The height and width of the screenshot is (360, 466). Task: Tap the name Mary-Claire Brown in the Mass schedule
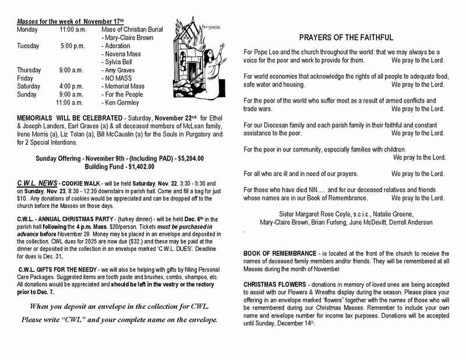pyautogui.click(x=129, y=37)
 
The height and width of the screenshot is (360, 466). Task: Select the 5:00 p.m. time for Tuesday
pyautogui.click(x=72, y=45)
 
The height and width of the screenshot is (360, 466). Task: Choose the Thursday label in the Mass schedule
pyautogui.click(x=29, y=70)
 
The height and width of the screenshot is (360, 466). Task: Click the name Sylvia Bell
pyautogui.click(x=119, y=62)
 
